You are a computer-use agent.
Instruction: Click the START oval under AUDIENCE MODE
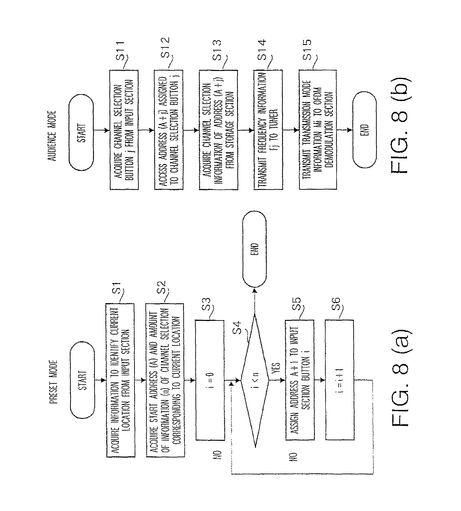[x=81, y=133]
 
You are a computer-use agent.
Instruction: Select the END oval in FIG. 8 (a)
[x=254, y=249]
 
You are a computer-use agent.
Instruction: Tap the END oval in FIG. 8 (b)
[x=365, y=130]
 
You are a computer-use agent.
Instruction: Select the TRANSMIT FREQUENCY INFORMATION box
[x=268, y=130]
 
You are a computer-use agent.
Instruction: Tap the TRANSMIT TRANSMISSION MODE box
[x=318, y=130]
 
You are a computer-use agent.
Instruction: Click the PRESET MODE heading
[x=53, y=382]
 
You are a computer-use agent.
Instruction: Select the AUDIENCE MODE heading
[x=52, y=136]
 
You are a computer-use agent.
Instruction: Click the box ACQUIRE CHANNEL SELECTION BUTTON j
[x=124, y=130]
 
